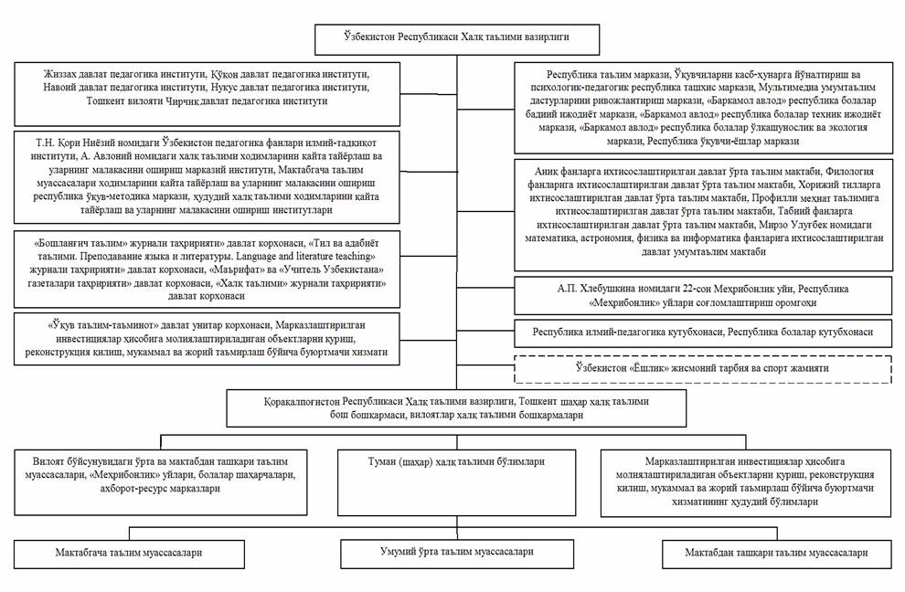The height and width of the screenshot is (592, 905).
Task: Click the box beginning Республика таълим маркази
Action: pyautogui.click(x=704, y=108)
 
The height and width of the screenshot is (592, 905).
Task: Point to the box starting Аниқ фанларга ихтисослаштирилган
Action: pyautogui.click(x=704, y=216)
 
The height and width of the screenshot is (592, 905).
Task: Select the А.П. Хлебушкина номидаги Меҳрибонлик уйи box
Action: pyautogui.click(x=704, y=294)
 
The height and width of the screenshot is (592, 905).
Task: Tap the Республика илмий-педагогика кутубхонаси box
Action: pyautogui.click(x=704, y=332)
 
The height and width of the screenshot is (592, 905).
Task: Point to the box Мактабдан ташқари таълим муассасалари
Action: pyautogui.click(x=776, y=554)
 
